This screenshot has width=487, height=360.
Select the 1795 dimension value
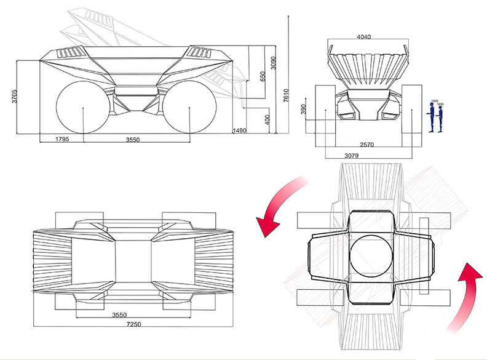(61, 140)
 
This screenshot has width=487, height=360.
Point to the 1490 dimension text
(239, 130)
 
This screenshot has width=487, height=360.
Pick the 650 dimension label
(263, 77)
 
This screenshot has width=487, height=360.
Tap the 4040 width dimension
(365, 37)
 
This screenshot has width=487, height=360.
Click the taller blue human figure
(432, 117)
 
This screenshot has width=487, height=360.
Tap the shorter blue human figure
(441, 118)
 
